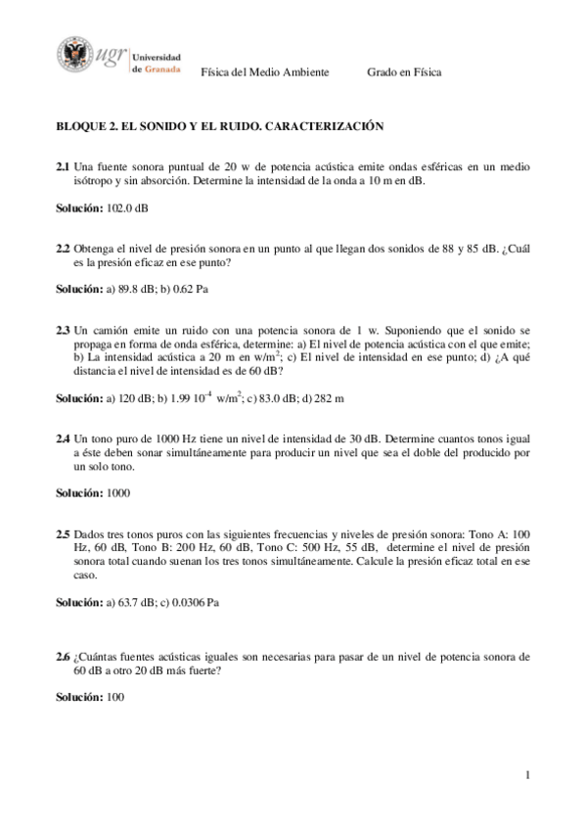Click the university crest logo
point(75,55)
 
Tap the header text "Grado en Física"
point(404,72)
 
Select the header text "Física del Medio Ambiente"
point(264,72)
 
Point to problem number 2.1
point(63,167)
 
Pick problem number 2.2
point(63,250)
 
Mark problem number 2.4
point(63,439)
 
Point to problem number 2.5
point(63,534)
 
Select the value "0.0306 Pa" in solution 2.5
point(196,603)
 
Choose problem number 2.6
point(63,657)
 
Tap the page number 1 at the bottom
point(526,776)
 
